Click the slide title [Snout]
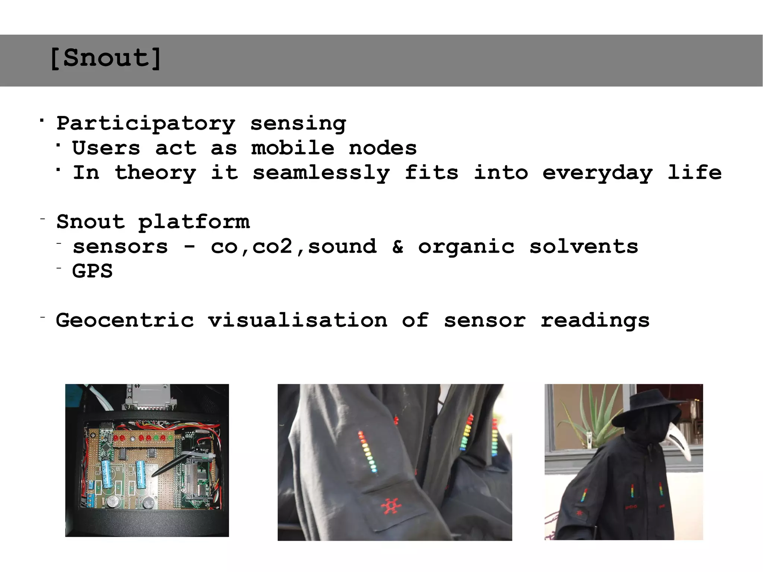point(105,58)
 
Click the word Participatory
point(146,124)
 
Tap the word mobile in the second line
point(292,148)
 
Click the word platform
point(194,222)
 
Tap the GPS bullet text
point(92,271)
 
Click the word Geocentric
point(125,320)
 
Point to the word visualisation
point(298,320)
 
